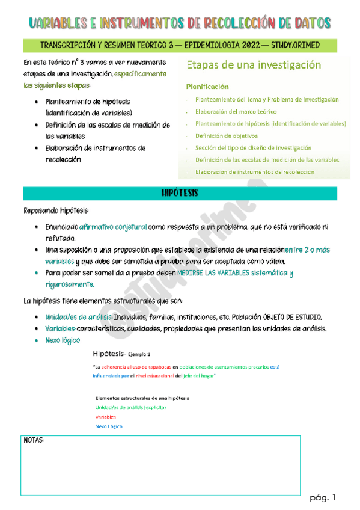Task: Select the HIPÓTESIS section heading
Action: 180,194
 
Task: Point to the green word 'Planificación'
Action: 207,87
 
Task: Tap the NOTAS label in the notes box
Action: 34,440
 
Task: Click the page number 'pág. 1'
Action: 323,497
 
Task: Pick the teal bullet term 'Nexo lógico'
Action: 63,340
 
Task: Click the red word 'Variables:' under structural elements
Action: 106,416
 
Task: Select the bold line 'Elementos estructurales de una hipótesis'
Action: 142,398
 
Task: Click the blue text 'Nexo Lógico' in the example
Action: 109,426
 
